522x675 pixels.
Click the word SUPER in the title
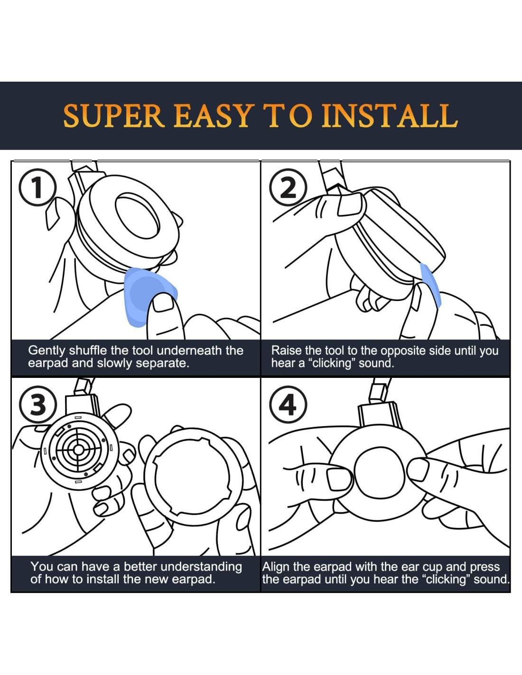click(114, 116)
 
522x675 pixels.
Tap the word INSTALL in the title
click(390, 116)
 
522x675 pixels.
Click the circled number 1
click(38, 188)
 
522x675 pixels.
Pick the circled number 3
click(38, 406)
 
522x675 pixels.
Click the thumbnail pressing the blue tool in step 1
click(163, 303)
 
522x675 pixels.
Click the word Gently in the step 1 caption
click(47, 351)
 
